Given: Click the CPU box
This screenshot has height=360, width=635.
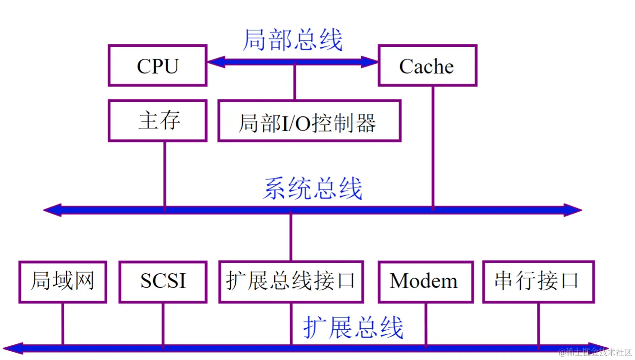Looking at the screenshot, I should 157,66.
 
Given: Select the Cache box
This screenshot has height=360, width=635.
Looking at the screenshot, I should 427,66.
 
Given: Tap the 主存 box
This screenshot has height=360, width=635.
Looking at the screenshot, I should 157,121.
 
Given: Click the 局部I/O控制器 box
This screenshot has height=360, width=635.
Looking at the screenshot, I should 309,121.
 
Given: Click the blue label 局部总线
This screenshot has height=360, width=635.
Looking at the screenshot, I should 293,40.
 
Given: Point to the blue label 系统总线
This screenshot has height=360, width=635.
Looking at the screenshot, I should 313,188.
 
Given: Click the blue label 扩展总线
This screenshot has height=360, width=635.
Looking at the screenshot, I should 353,327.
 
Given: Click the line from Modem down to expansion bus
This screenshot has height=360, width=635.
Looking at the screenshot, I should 425,323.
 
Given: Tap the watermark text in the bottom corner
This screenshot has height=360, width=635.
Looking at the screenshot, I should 595,352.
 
